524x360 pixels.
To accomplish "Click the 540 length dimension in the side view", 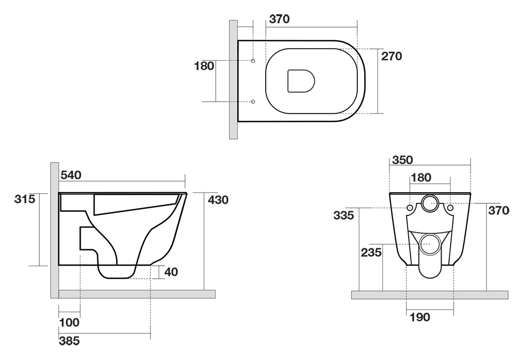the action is (x=71, y=175).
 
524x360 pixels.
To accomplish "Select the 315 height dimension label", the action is (x=25, y=199).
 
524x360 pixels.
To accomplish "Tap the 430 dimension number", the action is (x=218, y=200).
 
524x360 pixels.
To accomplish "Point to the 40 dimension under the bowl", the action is (x=171, y=272).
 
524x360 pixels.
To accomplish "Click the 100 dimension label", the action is (x=69, y=323).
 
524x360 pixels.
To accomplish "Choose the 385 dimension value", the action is (x=70, y=341).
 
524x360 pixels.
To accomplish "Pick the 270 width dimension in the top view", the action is (x=391, y=56).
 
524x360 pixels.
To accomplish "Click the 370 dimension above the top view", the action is (x=279, y=19).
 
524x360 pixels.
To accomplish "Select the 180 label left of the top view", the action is (x=204, y=66).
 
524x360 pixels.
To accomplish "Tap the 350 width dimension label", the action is (x=402, y=160).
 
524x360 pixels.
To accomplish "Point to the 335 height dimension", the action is (x=344, y=215).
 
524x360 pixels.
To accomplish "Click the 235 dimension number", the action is (x=371, y=252).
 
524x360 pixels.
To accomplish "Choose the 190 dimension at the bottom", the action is (x=420, y=317).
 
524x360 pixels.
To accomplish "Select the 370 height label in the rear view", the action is (x=499, y=211).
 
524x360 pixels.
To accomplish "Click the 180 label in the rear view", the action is (x=421, y=178).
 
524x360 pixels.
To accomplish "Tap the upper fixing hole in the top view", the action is (x=253, y=61).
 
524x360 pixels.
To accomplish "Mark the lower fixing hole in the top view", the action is (x=253, y=101).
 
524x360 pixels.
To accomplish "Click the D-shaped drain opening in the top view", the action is (x=301, y=81).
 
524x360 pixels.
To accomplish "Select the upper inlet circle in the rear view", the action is (x=430, y=203).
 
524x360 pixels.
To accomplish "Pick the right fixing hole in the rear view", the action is (x=450, y=208).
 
